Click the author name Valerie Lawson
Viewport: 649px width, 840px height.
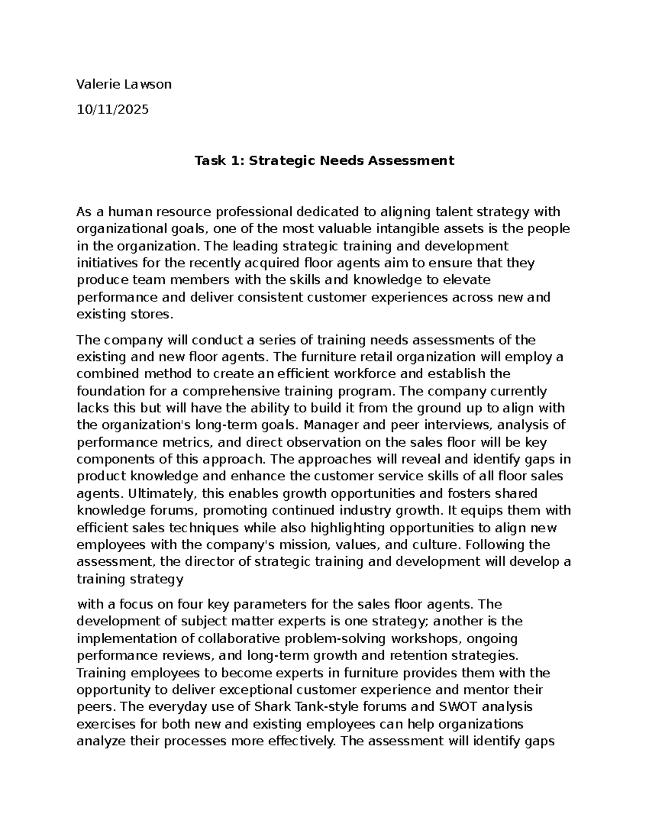click(124, 84)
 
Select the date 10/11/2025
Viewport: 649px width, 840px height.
click(112, 110)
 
